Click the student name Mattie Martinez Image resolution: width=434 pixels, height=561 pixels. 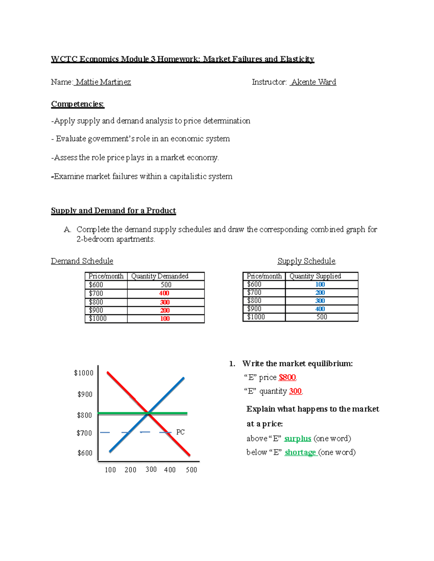click(103, 82)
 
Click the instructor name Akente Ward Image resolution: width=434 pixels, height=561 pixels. click(314, 82)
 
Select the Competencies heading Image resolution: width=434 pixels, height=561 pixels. click(77, 104)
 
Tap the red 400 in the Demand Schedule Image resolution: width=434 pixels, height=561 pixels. click(164, 293)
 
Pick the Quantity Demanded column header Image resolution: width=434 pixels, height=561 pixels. click(159, 276)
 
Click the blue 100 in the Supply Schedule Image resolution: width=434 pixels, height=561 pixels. click(320, 285)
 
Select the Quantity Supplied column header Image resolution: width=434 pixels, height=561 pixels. click(315, 276)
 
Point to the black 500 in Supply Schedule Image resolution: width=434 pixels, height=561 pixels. click(322, 317)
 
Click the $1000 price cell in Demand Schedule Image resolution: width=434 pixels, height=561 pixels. click(98, 319)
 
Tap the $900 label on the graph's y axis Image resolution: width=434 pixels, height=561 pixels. click(85, 394)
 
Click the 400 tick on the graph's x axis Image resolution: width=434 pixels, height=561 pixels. click(170, 470)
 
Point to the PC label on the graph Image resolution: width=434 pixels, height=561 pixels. click(180, 432)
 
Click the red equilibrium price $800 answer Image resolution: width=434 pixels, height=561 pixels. click(287, 377)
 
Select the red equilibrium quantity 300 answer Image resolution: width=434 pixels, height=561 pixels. click(295, 391)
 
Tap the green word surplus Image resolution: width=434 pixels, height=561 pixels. click(298, 439)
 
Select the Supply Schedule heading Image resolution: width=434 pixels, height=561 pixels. click(306, 261)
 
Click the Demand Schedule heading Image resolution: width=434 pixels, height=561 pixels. click(82, 261)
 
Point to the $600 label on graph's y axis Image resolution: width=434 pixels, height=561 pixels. click(85, 453)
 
